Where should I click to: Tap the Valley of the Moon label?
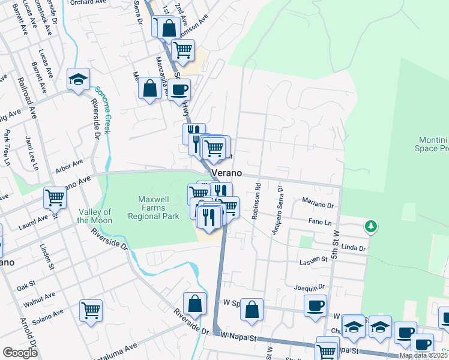95,216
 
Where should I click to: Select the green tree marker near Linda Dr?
371,226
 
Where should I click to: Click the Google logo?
20,352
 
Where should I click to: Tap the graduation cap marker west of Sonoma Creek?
78,80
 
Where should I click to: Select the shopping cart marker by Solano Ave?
91,310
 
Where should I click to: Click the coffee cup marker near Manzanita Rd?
178,90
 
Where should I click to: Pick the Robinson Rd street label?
255,201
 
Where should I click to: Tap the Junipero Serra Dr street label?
277,210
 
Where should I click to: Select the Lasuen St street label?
313,261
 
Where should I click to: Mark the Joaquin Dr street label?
309,287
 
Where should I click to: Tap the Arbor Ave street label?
69,164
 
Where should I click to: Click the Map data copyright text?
423,355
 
